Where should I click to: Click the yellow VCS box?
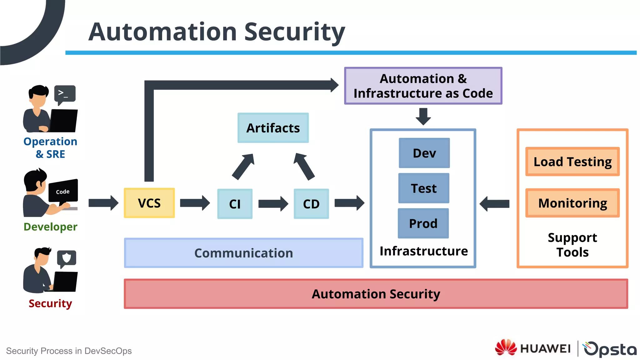point(149,203)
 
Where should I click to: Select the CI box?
point(235,204)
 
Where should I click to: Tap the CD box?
point(311,204)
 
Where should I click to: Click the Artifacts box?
point(273,128)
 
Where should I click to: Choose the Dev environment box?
point(424,153)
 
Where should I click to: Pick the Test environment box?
point(424,188)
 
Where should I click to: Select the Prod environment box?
point(423,223)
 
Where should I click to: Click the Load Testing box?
point(572,162)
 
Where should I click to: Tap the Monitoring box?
point(572,203)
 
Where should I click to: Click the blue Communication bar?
point(243,253)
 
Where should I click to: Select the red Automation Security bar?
point(376,294)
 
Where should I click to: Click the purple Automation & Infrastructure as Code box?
point(423,86)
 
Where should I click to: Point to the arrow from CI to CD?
point(273,204)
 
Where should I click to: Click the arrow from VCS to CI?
point(195,203)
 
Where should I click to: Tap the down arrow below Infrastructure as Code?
point(423,116)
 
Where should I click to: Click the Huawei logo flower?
point(506,347)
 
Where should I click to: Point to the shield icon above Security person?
point(67,258)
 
